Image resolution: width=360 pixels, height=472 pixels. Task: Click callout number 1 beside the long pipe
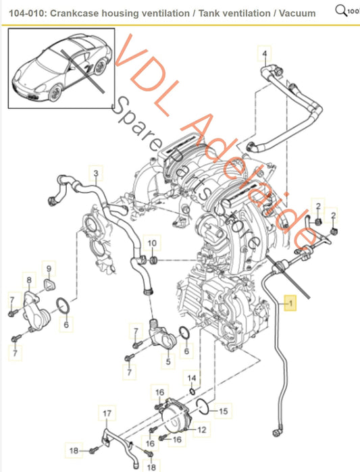coord(291,305)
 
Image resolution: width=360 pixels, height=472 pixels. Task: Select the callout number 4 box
coord(265,53)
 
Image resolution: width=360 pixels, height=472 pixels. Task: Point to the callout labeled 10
coord(152,242)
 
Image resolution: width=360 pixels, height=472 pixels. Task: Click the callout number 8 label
coord(28,279)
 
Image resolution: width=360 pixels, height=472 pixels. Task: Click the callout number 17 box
coord(106,413)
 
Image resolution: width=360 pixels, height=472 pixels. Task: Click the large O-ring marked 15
coord(200,404)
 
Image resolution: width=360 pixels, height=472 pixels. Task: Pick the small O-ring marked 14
coord(192,391)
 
